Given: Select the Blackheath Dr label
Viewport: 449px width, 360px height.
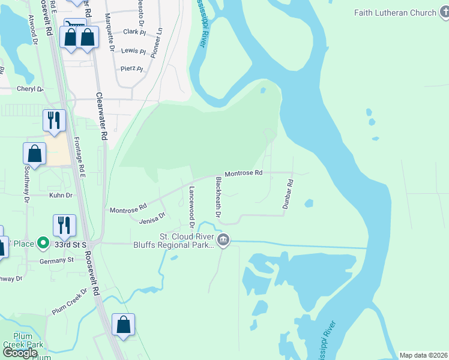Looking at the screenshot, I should click(x=218, y=197).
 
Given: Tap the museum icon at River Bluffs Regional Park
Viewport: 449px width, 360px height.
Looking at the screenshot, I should click(x=223, y=241).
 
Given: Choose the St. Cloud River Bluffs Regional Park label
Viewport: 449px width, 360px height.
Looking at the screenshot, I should click(x=187, y=241).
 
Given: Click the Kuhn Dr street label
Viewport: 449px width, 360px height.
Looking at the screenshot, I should click(x=60, y=195).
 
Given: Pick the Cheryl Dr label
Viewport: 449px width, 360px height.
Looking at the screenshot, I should click(x=30, y=89).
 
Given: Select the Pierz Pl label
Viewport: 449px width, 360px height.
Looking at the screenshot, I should click(x=132, y=69).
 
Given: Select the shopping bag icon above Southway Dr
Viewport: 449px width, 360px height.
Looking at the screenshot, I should click(x=35, y=153).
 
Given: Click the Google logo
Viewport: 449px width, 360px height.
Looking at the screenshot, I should click(x=20, y=353).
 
